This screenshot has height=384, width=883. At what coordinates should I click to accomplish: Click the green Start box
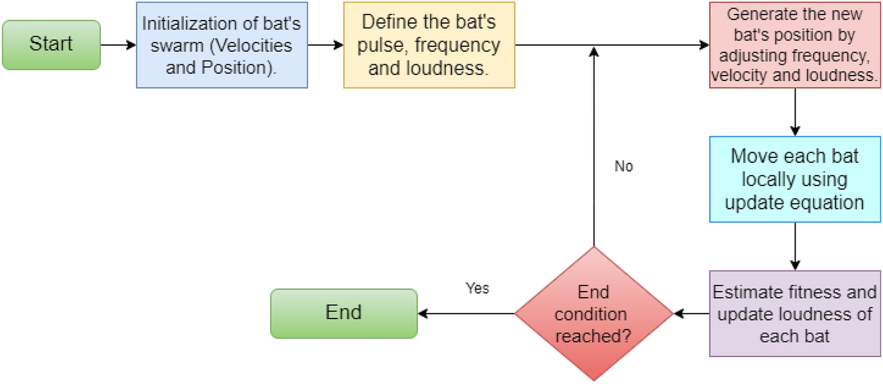pyautogui.click(x=51, y=44)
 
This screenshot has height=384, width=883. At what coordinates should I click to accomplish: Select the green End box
pyautogui.click(x=343, y=313)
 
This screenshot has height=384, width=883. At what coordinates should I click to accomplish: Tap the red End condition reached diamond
pyautogui.click(x=594, y=314)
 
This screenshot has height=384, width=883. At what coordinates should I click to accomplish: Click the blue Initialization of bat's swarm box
pyautogui.click(x=222, y=45)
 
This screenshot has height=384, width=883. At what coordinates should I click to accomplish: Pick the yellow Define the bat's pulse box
pyautogui.click(x=429, y=45)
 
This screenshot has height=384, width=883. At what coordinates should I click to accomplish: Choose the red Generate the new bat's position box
pyautogui.click(x=794, y=45)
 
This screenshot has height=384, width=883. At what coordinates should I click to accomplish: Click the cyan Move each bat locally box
pyautogui.click(x=794, y=179)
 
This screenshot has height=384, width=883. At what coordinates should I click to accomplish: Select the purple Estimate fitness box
pyautogui.click(x=794, y=313)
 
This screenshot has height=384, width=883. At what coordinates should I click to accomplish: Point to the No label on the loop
pyautogui.click(x=624, y=167)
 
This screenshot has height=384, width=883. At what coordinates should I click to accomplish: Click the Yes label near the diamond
pyautogui.click(x=477, y=288)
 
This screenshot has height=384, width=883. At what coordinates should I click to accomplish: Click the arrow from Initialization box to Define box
pyautogui.click(x=326, y=45)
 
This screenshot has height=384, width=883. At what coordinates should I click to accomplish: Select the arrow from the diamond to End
pyautogui.click(x=466, y=313)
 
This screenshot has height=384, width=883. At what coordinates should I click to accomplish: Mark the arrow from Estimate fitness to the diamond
pyautogui.click(x=691, y=313)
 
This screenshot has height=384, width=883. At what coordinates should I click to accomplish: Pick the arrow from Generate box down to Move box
pyautogui.click(x=794, y=112)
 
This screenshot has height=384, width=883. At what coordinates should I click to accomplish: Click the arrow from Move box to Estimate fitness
pyautogui.click(x=794, y=246)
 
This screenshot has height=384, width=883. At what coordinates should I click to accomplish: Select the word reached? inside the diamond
pyautogui.click(x=593, y=335)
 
